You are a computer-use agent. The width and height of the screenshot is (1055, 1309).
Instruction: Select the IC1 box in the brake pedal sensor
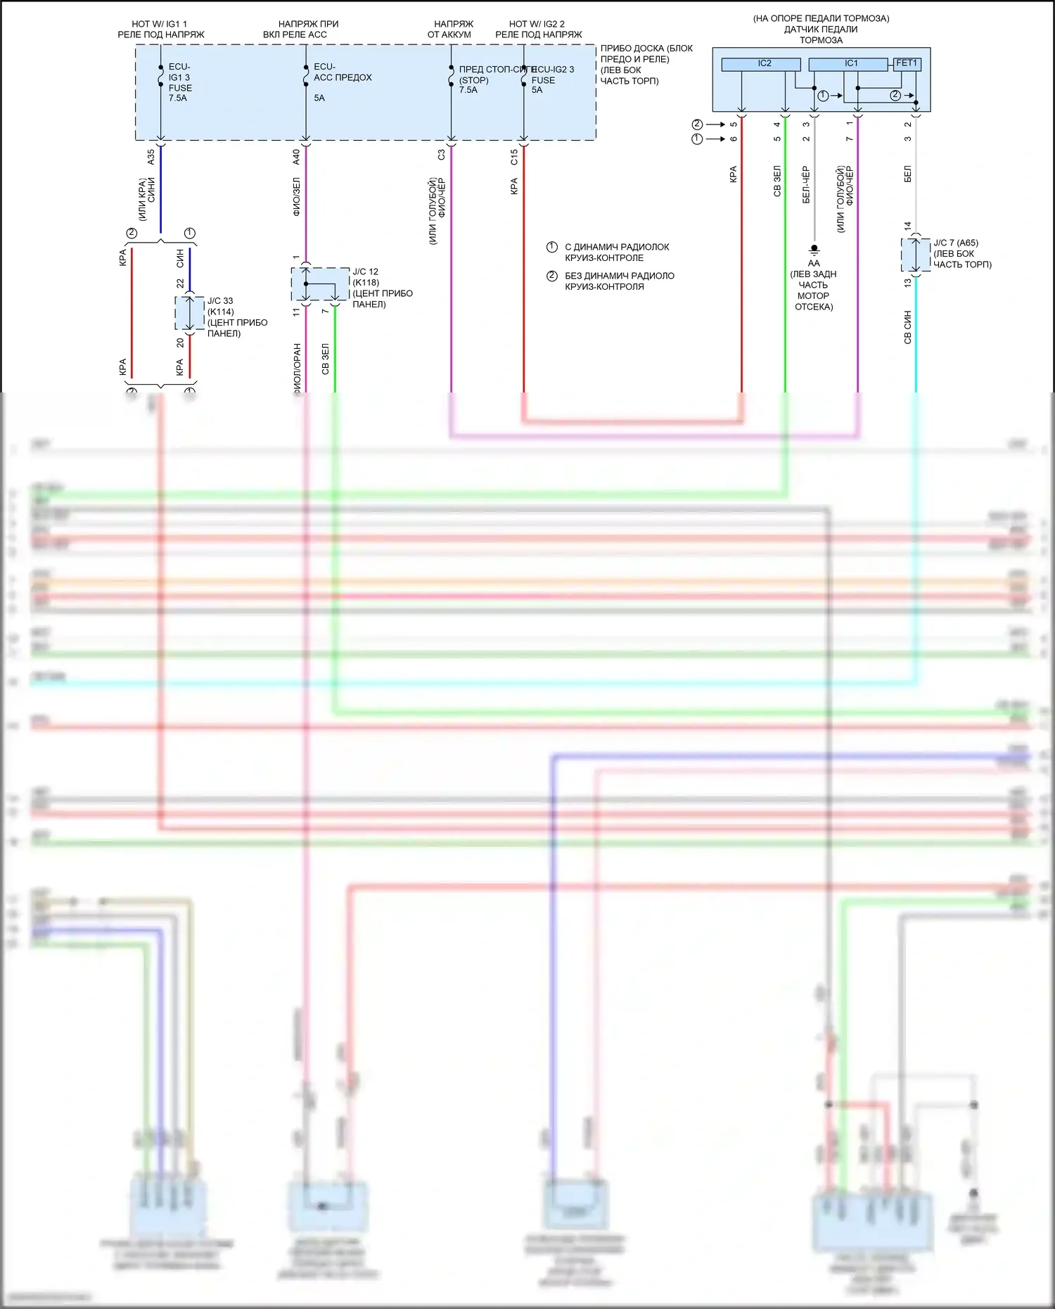click(848, 64)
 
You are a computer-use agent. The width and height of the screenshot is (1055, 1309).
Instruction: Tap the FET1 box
click(906, 63)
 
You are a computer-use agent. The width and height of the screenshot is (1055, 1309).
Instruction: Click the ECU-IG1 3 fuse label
click(179, 82)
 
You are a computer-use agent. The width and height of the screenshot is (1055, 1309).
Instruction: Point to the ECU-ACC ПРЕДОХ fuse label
click(342, 72)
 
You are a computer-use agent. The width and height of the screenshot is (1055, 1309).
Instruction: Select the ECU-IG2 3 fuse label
click(553, 79)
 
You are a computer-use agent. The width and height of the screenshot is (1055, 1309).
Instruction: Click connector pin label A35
click(151, 157)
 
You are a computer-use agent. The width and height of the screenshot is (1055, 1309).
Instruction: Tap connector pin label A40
click(296, 157)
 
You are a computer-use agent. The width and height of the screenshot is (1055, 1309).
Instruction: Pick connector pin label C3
click(441, 155)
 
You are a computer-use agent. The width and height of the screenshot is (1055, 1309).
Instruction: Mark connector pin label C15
click(514, 157)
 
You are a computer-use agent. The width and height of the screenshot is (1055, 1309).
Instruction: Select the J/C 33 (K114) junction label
click(220, 306)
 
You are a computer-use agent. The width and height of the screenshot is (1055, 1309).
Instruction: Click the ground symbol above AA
click(814, 250)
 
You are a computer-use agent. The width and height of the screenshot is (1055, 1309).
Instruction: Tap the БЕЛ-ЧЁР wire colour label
click(806, 185)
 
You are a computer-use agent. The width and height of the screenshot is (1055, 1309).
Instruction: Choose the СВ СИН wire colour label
click(907, 327)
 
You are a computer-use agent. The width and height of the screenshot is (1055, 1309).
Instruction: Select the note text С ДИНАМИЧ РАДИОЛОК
click(616, 247)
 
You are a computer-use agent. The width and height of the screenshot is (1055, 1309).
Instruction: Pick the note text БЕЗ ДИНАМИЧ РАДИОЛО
click(619, 276)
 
